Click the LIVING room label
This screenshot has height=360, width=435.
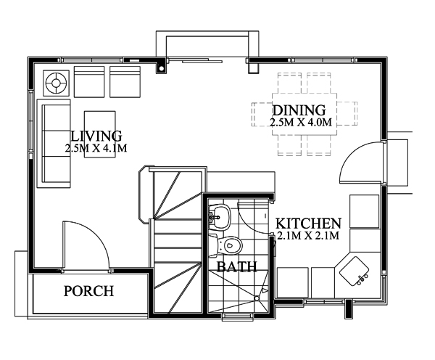tap(96, 136)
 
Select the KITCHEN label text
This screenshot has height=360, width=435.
tap(307, 223)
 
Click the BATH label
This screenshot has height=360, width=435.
tap(237, 266)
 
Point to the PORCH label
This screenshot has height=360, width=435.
tap(88, 292)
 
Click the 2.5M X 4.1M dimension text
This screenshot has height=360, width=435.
tap(96, 149)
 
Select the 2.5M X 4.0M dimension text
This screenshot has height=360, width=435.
tap(300, 123)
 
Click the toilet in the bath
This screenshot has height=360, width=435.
tap(230, 245)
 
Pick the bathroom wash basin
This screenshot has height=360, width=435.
tap(220, 215)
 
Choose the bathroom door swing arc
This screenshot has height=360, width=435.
tap(255, 218)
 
